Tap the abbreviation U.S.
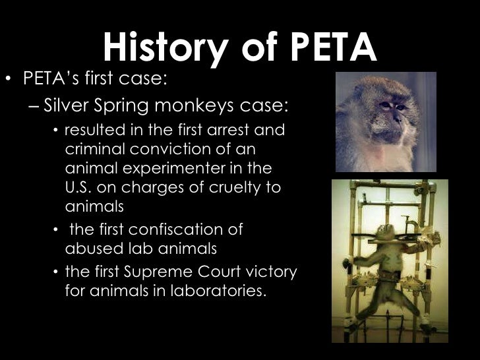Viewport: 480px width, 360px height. point(79,187)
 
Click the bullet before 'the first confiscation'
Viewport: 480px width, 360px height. point(56,230)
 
